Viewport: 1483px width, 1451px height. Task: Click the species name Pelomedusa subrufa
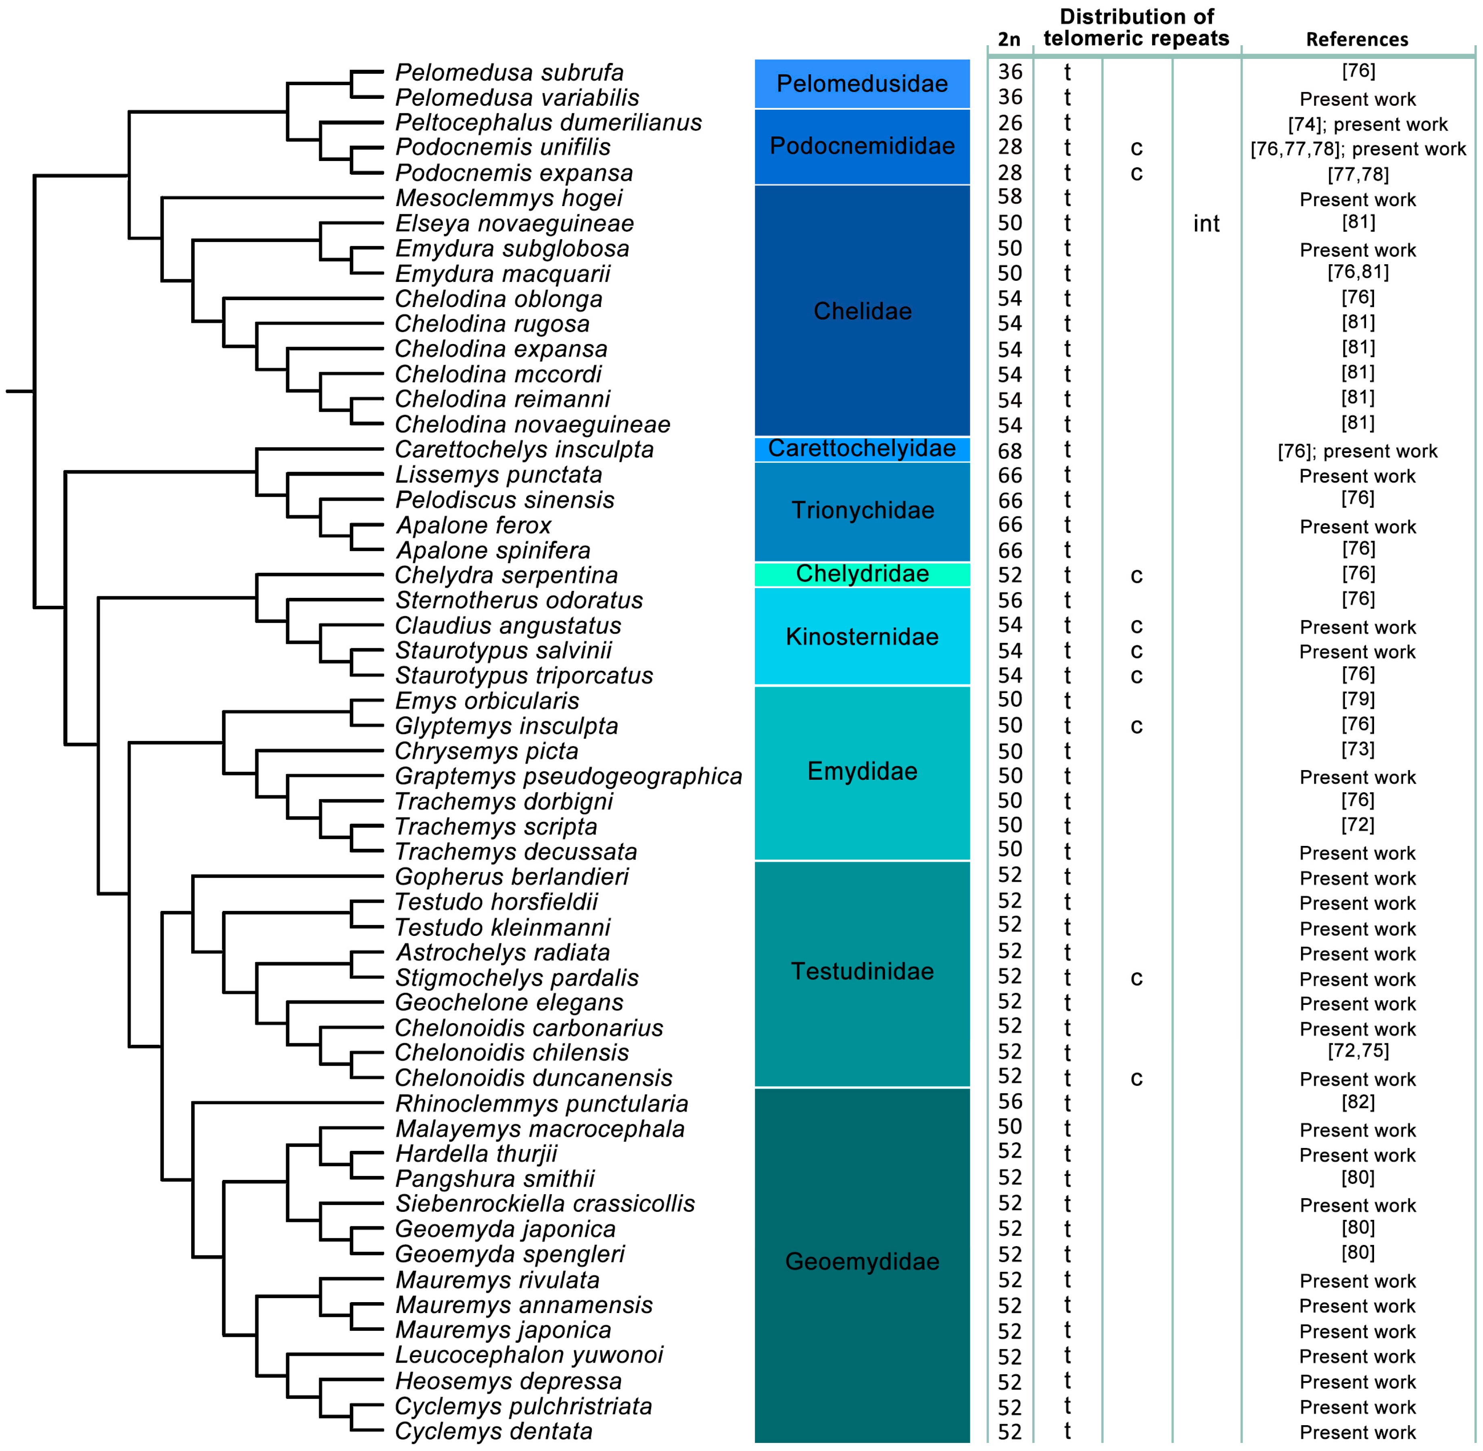509,72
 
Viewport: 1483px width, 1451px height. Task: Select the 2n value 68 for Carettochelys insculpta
1010,451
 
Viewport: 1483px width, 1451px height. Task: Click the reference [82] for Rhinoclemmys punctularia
1357,1102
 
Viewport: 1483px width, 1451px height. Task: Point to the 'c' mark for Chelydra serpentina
1136,575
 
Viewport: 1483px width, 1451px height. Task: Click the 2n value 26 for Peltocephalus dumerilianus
1010,123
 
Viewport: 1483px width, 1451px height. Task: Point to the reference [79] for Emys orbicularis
1357,699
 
